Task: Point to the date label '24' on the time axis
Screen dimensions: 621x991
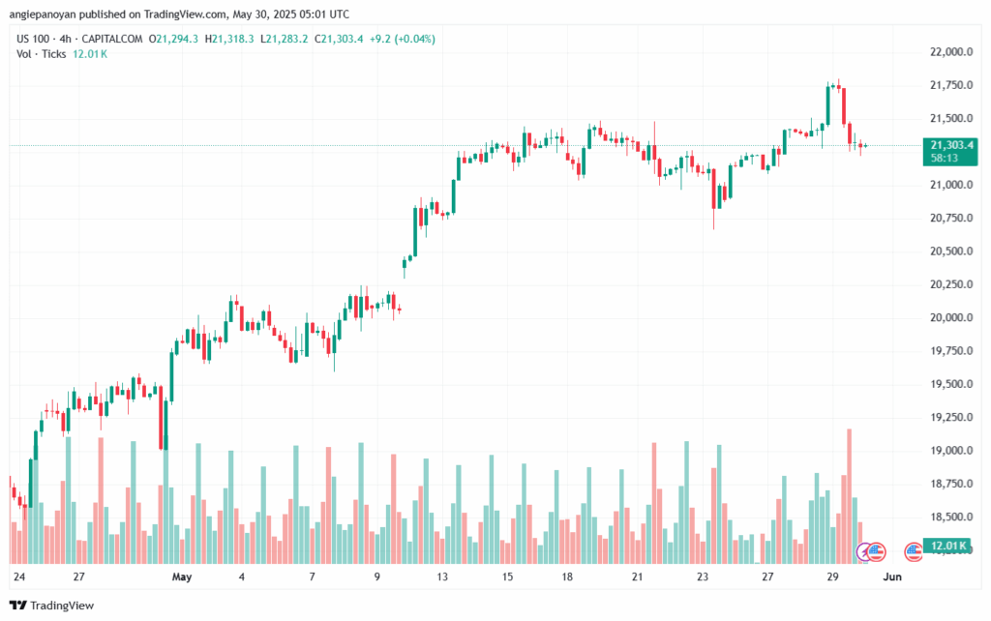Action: [x=18, y=577]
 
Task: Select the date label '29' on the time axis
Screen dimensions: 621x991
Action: [x=831, y=577]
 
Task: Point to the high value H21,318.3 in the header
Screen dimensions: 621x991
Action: [x=234, y=39]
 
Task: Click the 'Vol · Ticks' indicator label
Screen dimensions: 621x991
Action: [x=42, y=54]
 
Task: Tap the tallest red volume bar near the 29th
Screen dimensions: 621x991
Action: [x=849, y=495]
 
